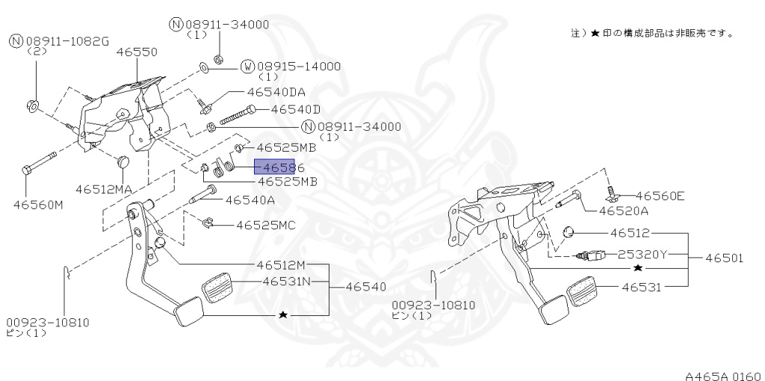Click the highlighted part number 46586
[x=275, y=168]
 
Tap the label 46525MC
[x=266, y=224]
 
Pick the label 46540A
[x=250, y=199]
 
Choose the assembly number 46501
[x=725, y=258]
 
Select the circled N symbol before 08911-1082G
[x=16, y=40]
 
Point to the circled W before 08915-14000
[x=247, y=66]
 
